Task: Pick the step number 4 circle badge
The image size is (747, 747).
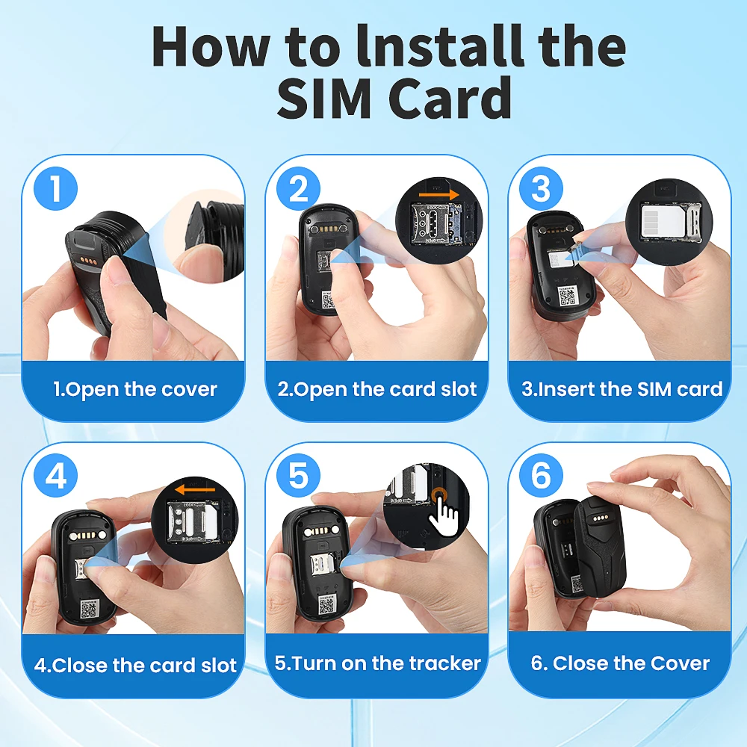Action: click(x=55, y=477)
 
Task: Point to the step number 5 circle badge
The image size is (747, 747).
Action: click(x=298, y=477)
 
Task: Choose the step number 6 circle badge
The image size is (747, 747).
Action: click(x=541, y=477)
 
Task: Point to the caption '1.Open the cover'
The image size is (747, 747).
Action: click(x=134, y=389)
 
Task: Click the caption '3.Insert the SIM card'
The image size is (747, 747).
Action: click(x=622, y=389)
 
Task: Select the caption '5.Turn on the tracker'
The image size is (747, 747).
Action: click(x=377, y=663)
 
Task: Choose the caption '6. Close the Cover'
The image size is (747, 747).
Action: click(x=620, y=663)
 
